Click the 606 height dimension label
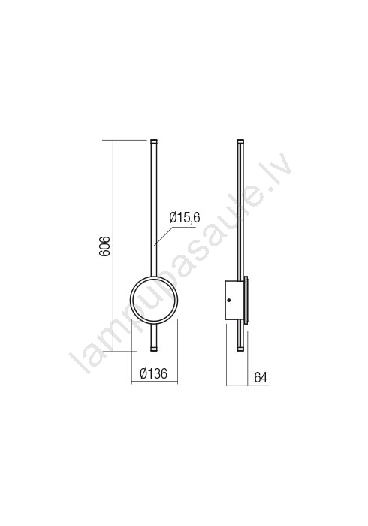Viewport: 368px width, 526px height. click(x=104, y=246)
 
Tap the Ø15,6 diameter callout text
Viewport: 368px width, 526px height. click(x=185, y=218)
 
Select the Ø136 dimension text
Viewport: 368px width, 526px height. click(x=153, y=373)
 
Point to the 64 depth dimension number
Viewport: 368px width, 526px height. click(x=261, y=377)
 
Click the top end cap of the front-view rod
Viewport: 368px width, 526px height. click(x=154, y=141)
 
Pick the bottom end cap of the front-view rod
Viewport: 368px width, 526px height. click(x=154, y=349)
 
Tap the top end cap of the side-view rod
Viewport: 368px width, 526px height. click(x=240, y=141)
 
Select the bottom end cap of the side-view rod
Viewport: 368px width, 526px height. click(x=240, y=349)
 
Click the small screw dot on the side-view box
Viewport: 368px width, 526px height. click(x=228, y=301)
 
